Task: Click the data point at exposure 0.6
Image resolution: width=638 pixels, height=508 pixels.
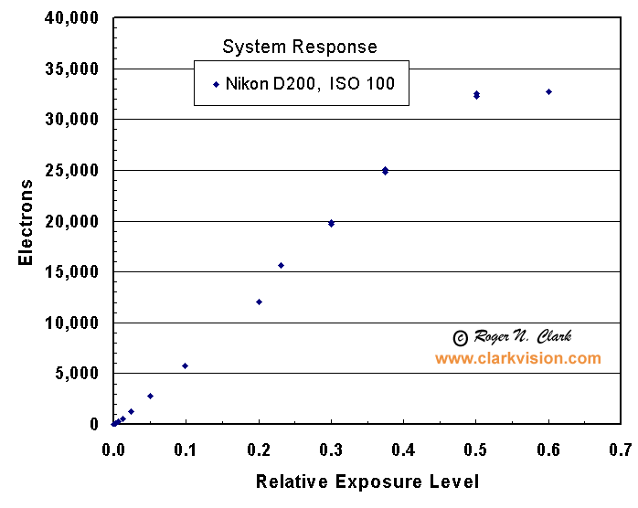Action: point(548,91)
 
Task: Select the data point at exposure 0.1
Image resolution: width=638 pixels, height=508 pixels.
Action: point(185,365)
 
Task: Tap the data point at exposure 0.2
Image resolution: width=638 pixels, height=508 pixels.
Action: point(259,302)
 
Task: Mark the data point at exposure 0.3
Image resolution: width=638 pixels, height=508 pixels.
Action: point(331,223)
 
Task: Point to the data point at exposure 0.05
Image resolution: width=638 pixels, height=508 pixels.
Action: point(150,396)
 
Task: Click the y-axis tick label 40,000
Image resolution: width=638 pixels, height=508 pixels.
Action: point(72,18)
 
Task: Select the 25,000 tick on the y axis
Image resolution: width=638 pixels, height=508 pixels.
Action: point(72,171)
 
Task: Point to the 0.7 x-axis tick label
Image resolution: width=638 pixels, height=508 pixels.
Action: point(621,449)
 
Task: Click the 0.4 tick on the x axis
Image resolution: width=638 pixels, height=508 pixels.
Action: point(403,449)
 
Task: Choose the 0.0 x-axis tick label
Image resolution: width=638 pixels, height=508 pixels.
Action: point(113,449)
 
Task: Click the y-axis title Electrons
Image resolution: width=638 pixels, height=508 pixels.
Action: point(27,222)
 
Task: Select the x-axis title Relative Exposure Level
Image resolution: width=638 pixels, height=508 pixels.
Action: point(367,482)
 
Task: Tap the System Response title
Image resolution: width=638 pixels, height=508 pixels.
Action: point(300,47)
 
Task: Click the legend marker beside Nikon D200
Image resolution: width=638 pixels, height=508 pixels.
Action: point(217,84)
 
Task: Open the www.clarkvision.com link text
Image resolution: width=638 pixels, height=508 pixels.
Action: point(517,358)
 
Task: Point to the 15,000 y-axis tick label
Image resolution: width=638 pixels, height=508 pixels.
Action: point(72,272)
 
